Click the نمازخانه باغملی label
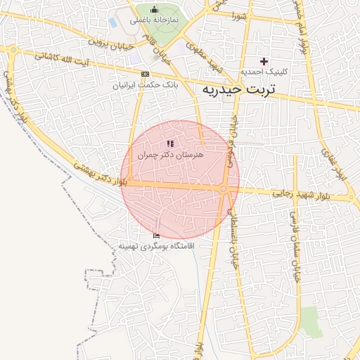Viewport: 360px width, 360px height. point(154,20)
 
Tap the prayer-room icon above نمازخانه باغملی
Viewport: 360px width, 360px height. point(154,9)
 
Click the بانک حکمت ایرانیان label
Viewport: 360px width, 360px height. point(144,84)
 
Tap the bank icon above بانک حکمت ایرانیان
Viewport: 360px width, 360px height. point(145,74)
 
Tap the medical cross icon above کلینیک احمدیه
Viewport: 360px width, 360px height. point(264,61)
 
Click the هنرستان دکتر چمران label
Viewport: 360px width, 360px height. point(169,153)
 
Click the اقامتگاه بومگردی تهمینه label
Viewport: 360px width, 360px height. point(155,246)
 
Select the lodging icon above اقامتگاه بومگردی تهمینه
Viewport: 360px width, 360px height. point(156,235)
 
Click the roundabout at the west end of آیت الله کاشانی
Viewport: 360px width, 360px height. point(13,49)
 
